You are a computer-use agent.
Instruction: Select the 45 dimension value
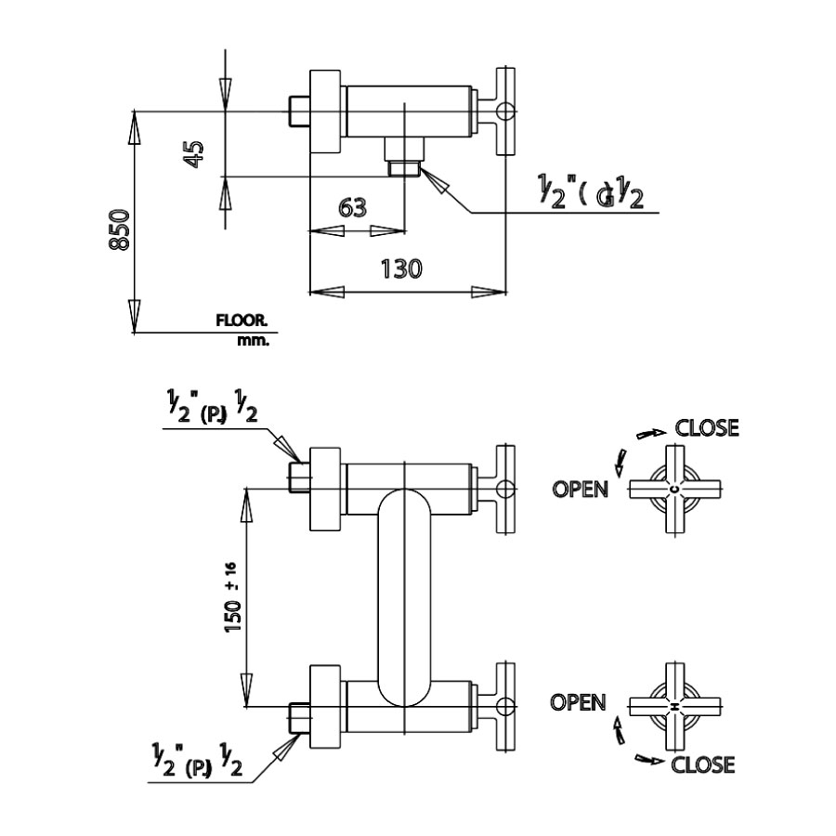(x=193, y=153)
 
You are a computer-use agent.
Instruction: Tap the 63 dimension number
(x=352, y=206)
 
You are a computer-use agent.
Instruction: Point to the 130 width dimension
(x=402, y=268)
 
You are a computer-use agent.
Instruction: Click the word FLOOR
(x=242, y=320)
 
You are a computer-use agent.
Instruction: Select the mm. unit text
(x=253, y=341)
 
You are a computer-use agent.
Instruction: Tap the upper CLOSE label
(x=707, y=428)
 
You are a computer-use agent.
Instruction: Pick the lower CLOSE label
(x=702, y=764)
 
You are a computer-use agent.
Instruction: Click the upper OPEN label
(x=581, y=489)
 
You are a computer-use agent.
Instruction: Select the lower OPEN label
(x=578, y=702)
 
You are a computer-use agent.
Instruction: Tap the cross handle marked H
(x=674, y=708)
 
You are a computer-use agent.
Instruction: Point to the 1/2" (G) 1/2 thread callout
(x=590, y=193)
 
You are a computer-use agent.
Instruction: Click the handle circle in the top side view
(x=504, y=111)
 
